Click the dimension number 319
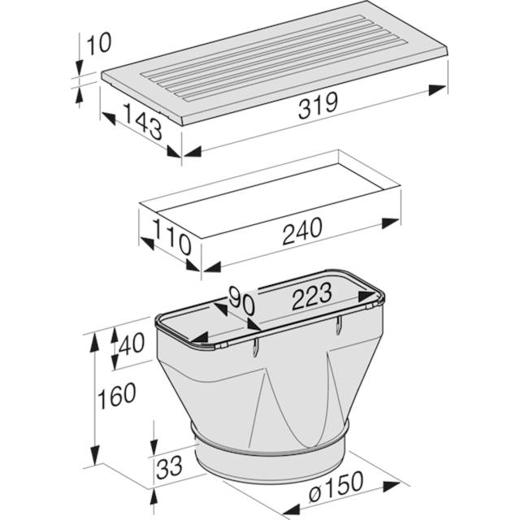[x=318, y=106]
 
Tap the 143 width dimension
[x=143, y=121]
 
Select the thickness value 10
[x=99, y=43]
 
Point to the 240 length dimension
[x=302, y=231]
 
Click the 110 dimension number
[x=172, y=237]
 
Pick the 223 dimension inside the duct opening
[x=312, y=296]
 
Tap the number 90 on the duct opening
[x=241, y=301]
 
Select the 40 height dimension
[x=132, y=343]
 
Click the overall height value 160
[x=116, y=396]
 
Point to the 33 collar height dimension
[x=170, y=467]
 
